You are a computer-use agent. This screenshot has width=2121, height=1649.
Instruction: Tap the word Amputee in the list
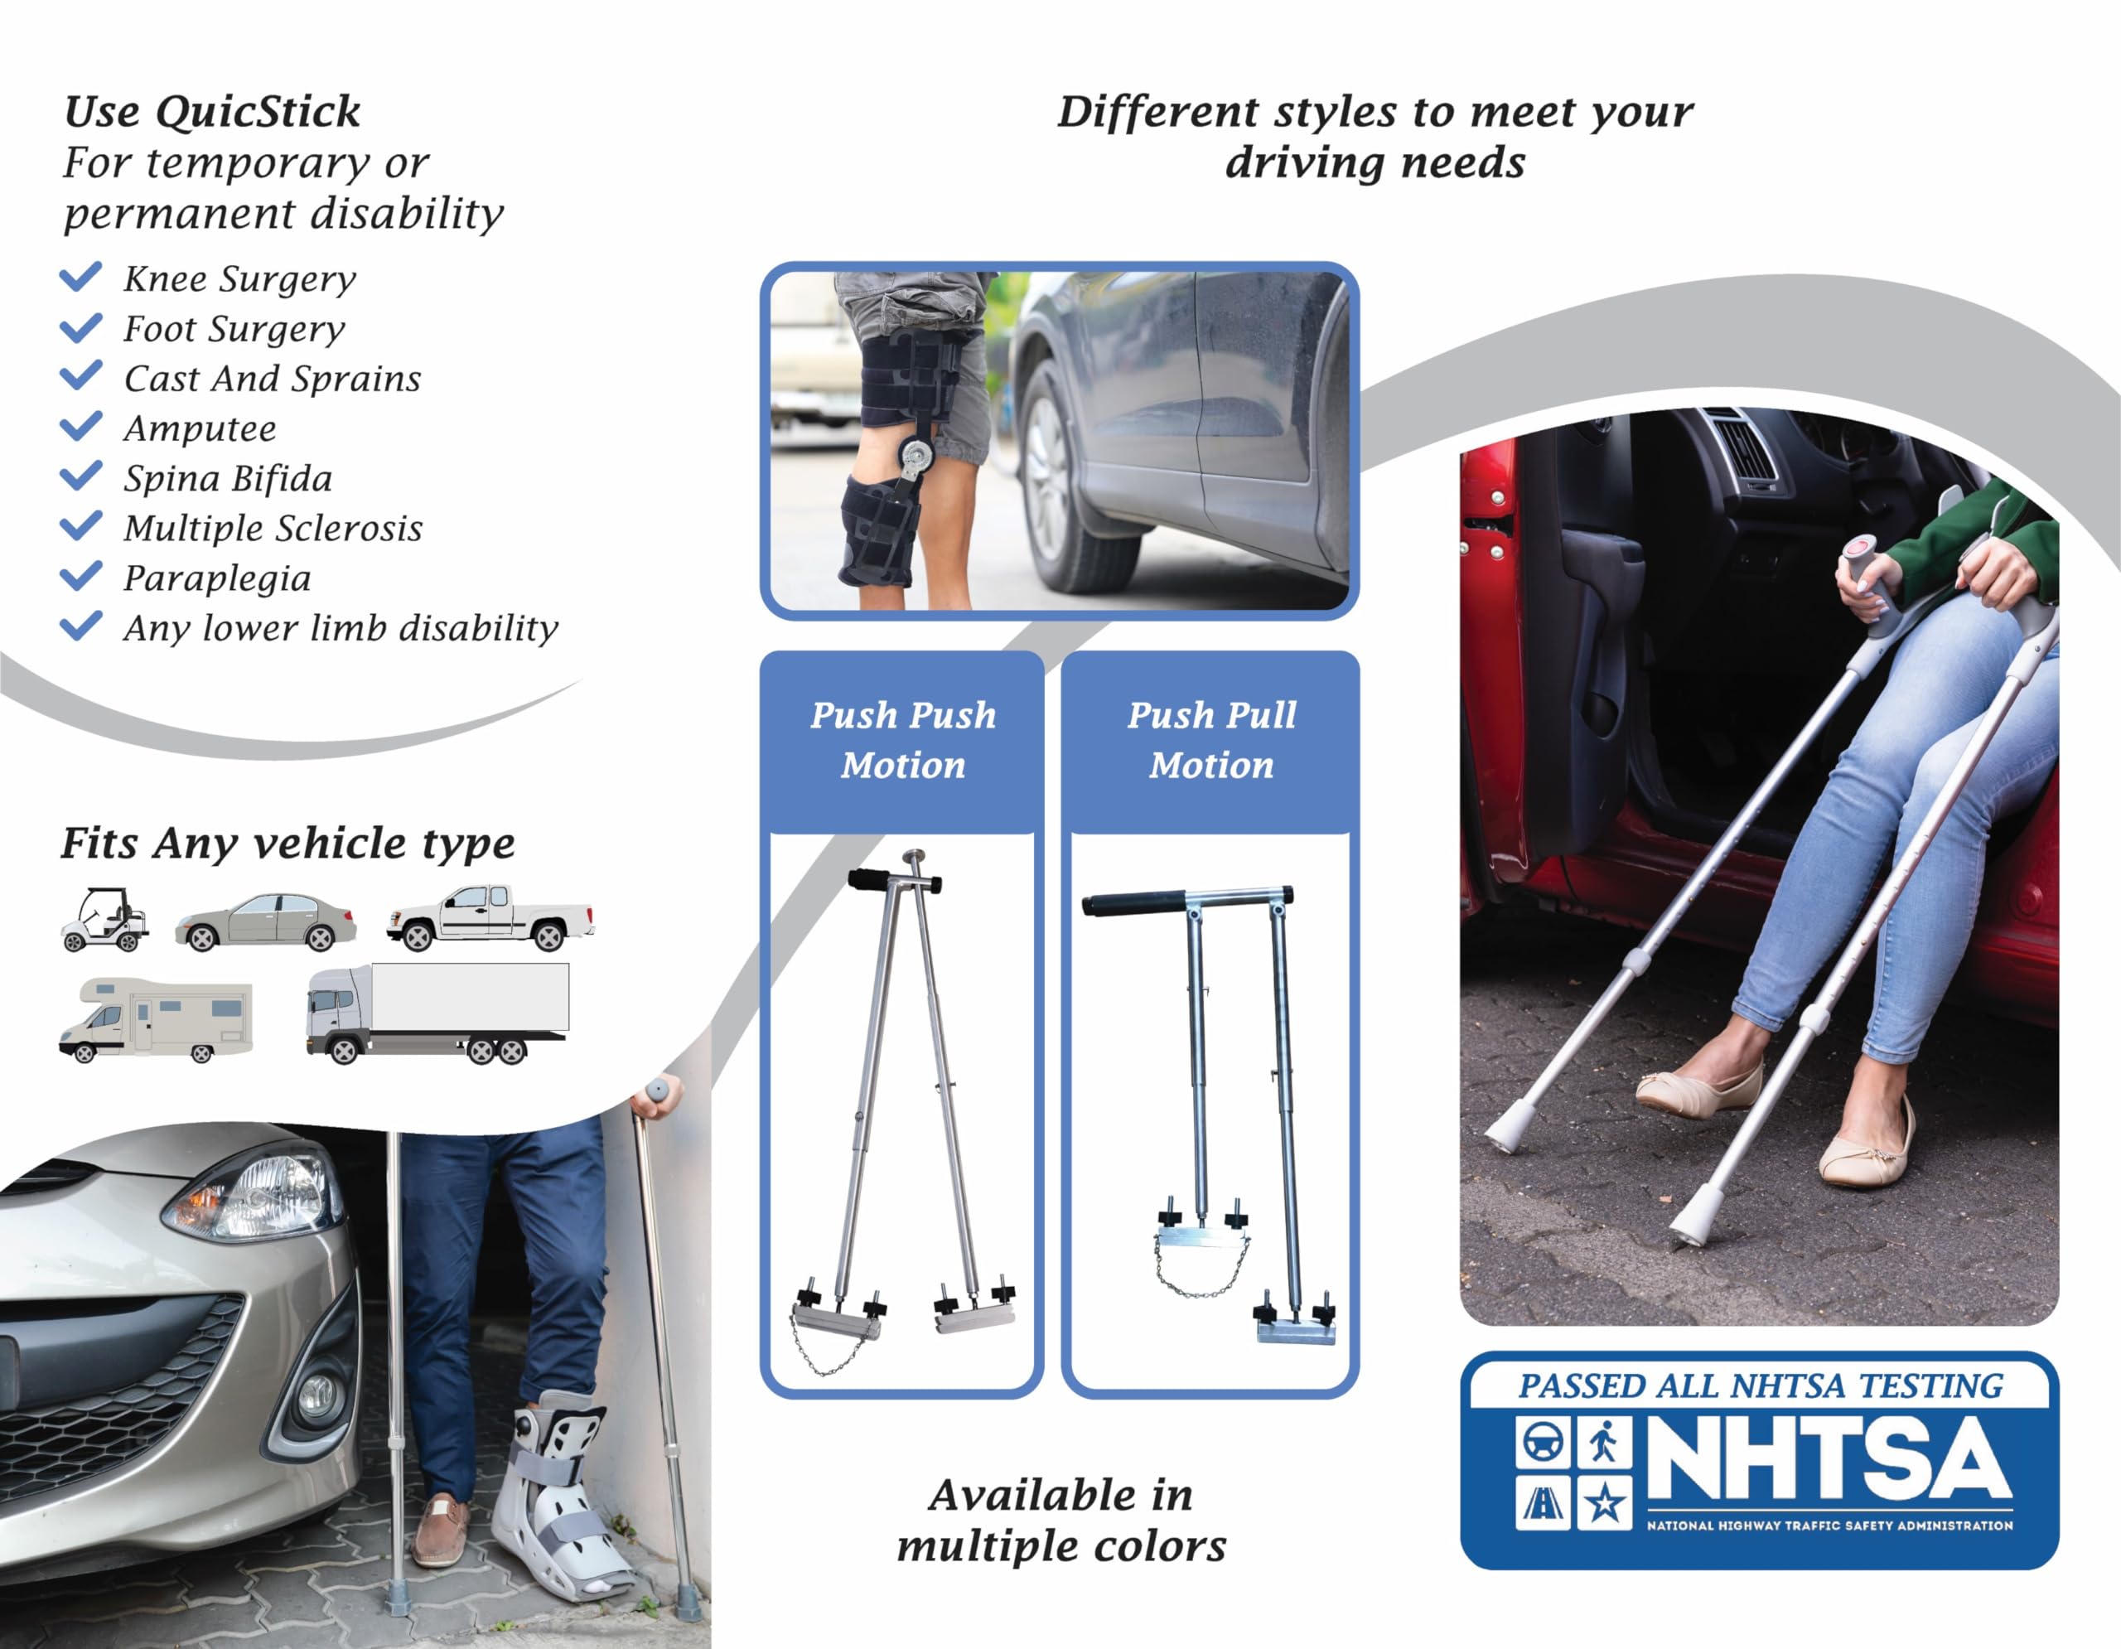[x=200, y=428]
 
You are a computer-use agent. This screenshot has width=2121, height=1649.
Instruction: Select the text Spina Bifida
[x=228, y=479]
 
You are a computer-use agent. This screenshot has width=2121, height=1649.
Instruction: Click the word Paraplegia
[x=218, y=578]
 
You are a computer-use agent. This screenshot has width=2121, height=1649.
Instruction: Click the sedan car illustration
[x=265, y=921]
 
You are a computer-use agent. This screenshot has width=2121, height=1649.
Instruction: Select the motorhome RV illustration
[x=156, y=1020]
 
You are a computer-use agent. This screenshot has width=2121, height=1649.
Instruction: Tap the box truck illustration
[x=437, y=1013]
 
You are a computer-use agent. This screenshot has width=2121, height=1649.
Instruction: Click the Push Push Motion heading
[x=903, y=740]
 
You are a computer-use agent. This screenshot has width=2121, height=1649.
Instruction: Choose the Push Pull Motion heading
[x=1211, y=740]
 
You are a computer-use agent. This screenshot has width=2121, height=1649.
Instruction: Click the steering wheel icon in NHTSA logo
[x=1542, y=1441]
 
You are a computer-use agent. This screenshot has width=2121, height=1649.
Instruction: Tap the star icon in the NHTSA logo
[x=1604, y=1504]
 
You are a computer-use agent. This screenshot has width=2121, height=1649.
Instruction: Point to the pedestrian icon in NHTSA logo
[x=1604, y=1441]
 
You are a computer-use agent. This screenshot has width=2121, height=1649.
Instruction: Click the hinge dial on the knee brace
[x=916, y=452]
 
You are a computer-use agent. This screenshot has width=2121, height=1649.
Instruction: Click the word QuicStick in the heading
[x=258, y=112]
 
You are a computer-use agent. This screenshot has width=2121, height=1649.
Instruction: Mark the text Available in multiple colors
[x=1060, y=1521]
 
